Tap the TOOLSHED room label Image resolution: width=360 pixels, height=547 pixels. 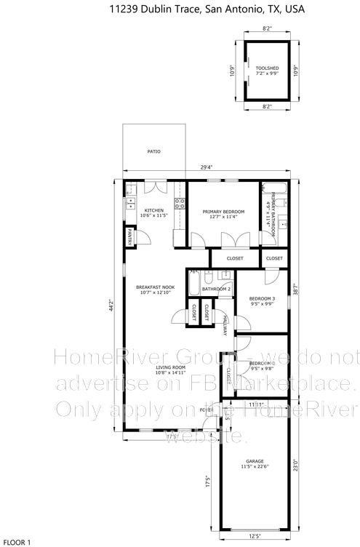(x=264, y=71)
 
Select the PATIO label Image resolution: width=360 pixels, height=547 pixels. (x=153, y=151)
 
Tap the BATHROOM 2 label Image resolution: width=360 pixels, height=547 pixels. (x=217, y=289)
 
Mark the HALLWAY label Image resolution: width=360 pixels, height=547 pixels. (x=225, y=326)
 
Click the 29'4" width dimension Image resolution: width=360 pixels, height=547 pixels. (x=207, y=167)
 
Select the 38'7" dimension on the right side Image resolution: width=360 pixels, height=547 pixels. (x=295, y=289)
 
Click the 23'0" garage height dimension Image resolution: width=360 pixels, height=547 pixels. (x=295, y=463)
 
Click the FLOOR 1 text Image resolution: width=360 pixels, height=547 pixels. (x=16, y=542)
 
